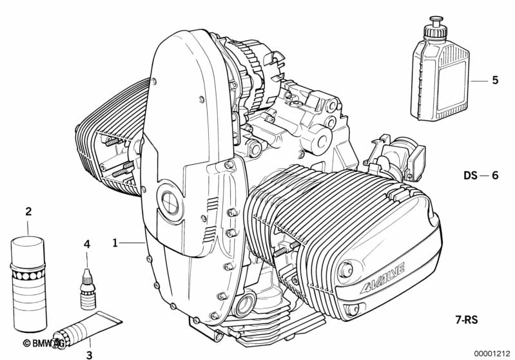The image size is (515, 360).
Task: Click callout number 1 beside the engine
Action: tap(115, 243)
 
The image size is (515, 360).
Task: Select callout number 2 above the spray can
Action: tap(28, 211)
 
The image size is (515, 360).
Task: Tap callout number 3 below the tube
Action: tap(90, 354)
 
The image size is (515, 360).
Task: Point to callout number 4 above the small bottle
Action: tap(87, 244)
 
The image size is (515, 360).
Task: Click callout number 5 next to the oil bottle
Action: tap(495, 80)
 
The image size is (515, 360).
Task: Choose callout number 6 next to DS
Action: tap(495, 176)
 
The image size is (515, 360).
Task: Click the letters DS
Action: tap(471, 176)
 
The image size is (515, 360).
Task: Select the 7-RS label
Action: tap(467, 319)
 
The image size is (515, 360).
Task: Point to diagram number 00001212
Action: tap(491, 354)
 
